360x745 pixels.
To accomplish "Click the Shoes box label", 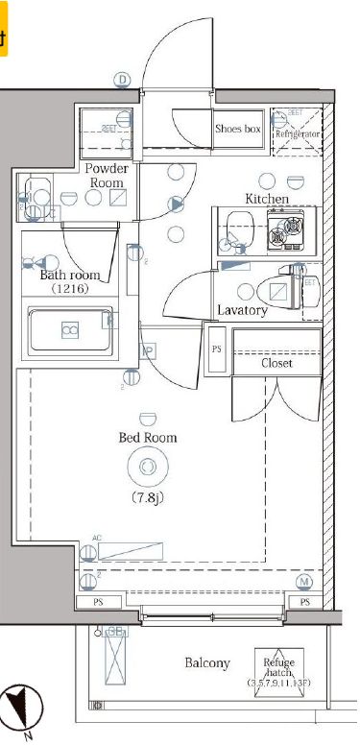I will [x=238, y=129].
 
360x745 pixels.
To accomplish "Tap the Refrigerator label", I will [x=298, y=133].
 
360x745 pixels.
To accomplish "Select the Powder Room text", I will [x=106, y=176].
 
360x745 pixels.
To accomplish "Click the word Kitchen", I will [x=267, y=199].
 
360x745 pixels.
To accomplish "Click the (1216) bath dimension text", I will [x=70, y=289].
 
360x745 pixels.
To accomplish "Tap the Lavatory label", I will [x=242, y=310].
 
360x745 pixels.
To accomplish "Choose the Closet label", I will [x=276, y=364].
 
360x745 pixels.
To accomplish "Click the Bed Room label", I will [x=147, y=438].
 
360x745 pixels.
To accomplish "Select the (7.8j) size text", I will [x=147, y=497].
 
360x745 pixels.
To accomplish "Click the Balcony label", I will [x=207, y=663].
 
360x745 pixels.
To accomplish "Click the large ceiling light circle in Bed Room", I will [x=147, y=467].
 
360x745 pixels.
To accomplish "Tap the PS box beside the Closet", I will [x=216, y=349].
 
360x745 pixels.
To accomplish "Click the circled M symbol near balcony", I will [x=305, y=582].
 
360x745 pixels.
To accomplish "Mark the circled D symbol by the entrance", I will [x=122, y=80].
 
